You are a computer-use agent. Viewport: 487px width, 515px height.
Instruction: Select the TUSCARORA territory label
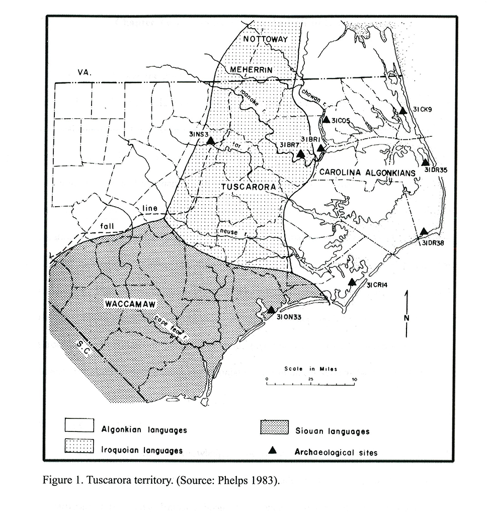pos(249,187)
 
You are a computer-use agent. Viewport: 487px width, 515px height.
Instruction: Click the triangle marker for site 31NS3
pos(211,141)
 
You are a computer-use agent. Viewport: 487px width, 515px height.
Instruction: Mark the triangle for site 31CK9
pos(403,111)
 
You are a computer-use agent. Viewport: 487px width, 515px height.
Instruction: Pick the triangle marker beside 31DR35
pos(425,162)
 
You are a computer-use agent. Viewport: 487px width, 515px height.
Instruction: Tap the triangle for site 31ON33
pos(271,310)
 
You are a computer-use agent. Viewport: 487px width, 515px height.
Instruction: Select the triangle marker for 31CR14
pos(352,282)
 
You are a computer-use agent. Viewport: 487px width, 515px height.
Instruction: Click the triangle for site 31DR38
pos(424,231)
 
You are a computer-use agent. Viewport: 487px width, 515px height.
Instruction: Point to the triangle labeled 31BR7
pos(300,154)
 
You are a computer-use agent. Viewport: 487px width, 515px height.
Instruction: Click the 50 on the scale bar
pos(356,379)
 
